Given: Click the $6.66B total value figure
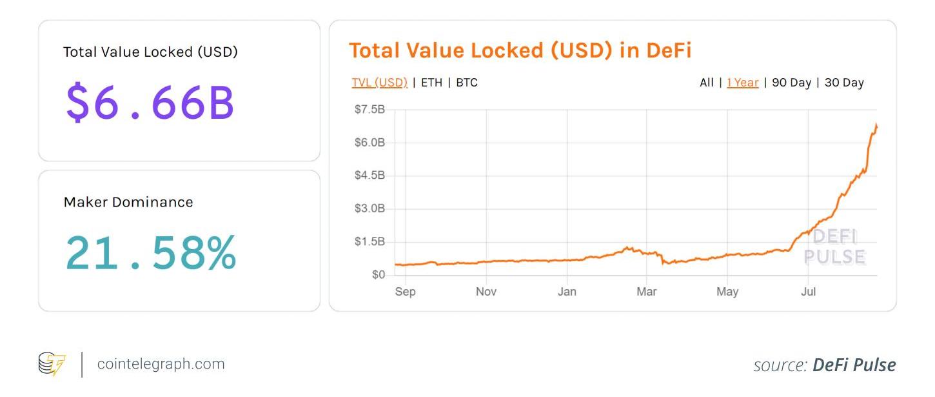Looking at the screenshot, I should [150, 103].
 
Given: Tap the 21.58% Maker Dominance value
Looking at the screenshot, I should [151, 253].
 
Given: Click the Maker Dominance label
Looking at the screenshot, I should [128, 202].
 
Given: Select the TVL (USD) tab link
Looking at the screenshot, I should [379, 83].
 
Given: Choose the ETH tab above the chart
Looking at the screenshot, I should [431, 83].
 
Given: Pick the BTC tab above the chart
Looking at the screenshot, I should [467, 83].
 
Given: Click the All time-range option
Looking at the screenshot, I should [707, 83].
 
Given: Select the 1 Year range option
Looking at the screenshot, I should [742, 83].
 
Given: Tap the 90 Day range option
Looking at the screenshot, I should [791, 83].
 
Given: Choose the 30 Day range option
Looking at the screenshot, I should [844, 83].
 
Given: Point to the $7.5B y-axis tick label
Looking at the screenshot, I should [369, 110].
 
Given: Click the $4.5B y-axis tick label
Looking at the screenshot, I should [369, 176].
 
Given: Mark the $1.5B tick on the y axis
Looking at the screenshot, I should [369, 241].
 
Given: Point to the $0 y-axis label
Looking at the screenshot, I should [378, 275].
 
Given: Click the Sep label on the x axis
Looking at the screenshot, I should [405, 292].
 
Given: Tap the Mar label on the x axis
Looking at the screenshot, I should [647, 292].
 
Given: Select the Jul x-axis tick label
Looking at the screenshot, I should [808, 292].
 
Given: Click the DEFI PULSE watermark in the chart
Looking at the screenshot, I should [834, 247].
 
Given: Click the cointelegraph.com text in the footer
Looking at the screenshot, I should [161, 364].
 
